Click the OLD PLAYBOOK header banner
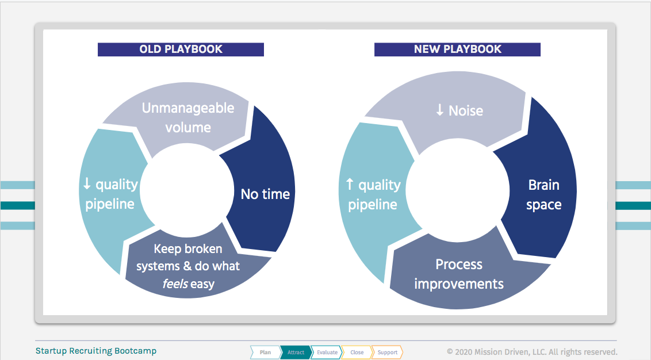181,49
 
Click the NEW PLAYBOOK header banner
457,49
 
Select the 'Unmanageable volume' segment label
188,117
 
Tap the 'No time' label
265,194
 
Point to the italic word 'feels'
175,284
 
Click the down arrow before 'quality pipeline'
87,183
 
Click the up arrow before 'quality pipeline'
350,184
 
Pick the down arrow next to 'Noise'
440,110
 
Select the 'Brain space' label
544,194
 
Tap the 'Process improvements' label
459,274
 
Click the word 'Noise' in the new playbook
466,110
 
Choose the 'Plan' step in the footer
265,352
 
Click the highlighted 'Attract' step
296,352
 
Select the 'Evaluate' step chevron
327,352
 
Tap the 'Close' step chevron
357,352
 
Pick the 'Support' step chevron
388,352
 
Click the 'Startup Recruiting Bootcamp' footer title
96,351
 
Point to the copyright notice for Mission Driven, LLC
533,352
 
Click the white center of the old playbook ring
187,190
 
